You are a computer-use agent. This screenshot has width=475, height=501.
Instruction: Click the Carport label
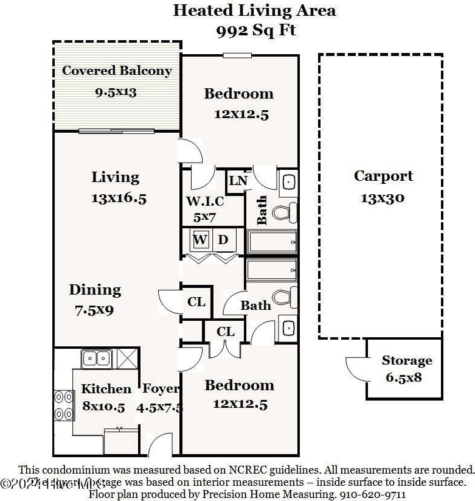[x=383, y=177]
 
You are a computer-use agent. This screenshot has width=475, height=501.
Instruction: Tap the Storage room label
[x=407, y=360]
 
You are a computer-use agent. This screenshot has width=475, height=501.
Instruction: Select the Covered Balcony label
[x=117, y=71]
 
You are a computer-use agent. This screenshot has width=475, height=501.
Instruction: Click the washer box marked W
[x=200, y=240]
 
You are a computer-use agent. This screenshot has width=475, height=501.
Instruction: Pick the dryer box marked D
[x=223, y=240]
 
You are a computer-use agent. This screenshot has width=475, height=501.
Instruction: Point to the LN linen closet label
[x=238, y=181]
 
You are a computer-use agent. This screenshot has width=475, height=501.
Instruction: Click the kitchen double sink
[x=96, y=358]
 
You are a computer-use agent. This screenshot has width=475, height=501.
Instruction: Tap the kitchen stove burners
[x=63, y=405]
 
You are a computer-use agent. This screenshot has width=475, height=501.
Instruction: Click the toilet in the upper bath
[x=285, y=212]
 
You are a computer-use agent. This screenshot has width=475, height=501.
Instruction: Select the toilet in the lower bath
[x=284, y=297]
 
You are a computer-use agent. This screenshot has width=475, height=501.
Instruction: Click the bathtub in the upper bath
[x=272, y=242]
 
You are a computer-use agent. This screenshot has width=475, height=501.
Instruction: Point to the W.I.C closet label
[x=204, y=201]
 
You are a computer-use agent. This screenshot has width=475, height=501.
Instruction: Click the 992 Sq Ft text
[x=256, y=31]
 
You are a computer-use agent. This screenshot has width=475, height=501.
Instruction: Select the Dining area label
[x=95, y=290]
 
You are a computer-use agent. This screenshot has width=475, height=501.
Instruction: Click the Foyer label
[x=161, y=389]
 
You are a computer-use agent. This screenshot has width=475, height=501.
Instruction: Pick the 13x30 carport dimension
[x=383, y=198]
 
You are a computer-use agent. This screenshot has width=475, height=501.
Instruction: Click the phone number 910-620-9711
[x=374, y=494]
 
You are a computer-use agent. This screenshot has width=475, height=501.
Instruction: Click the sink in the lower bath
[x=288, y=327]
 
